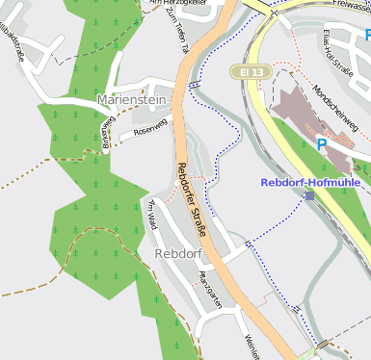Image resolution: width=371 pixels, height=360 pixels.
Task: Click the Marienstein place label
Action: (x=132, y=100)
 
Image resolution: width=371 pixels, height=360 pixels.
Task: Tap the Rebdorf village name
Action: (x=177, y=253)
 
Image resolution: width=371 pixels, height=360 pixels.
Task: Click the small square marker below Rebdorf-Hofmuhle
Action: (x=309, y=195)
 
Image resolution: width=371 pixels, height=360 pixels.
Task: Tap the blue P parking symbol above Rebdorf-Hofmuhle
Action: (x=322, y=145)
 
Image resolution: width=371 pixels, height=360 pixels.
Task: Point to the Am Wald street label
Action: (x=151, y=214)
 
